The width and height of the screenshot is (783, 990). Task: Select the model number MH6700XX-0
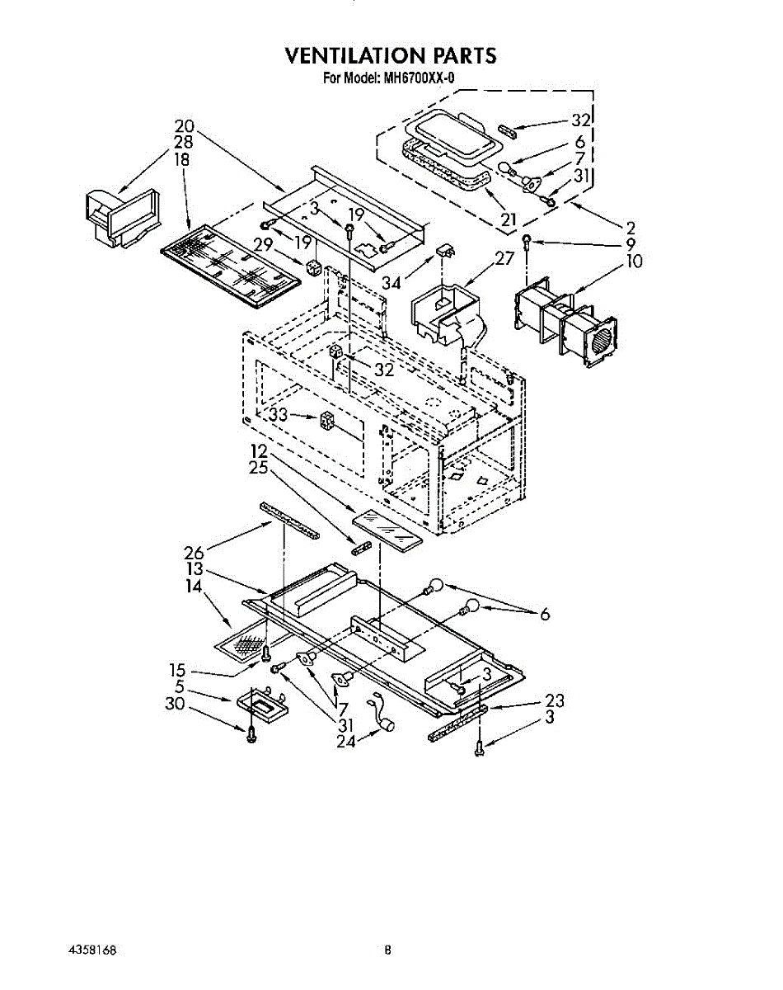click(415, 78)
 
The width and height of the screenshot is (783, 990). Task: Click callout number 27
click(504, 258)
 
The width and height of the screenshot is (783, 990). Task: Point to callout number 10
click(634, 262)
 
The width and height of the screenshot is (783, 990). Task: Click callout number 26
click(194, 553)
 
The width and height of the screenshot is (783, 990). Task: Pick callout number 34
click(391, 282)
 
